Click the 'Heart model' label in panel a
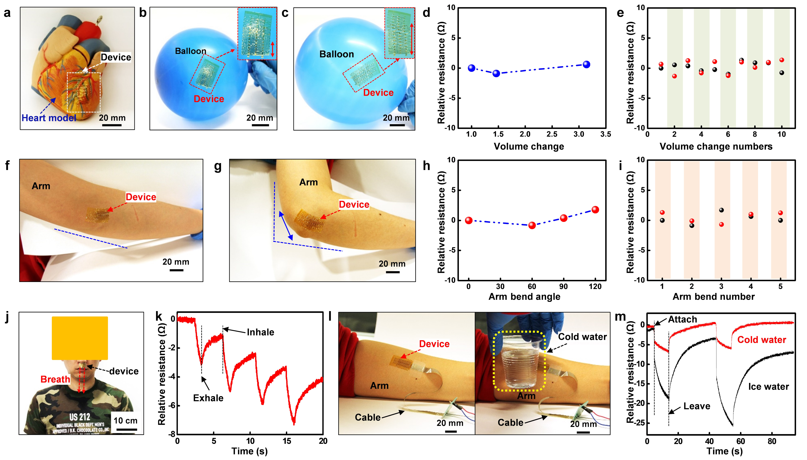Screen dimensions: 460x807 tap(49, 118)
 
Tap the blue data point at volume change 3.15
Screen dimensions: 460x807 tap(586, 64)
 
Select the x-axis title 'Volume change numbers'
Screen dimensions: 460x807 tap(716, 146)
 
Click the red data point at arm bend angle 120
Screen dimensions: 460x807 tap(595, 210)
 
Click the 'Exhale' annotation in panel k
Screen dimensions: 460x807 tap(208, 398)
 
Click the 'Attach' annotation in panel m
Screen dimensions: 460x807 tap(682, 319)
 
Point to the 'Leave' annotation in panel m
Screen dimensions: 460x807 tap(697, 406)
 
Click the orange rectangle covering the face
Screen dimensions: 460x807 tap(80, 338)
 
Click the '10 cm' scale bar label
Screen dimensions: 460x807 tap(125, 421)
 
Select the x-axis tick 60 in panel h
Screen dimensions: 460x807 tap(532, 287)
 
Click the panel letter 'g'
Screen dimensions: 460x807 tap(218, 167)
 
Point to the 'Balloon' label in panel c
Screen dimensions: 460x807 tap(336, 54)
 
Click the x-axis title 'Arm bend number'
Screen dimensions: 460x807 tap(713, 296)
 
